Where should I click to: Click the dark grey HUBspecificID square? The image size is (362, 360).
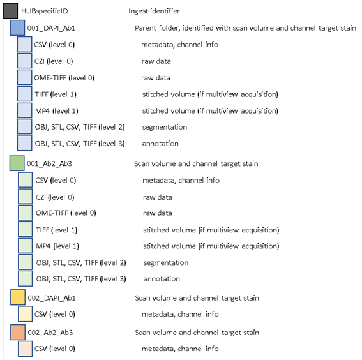(10, 11)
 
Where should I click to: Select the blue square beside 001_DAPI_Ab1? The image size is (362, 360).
(17, 28)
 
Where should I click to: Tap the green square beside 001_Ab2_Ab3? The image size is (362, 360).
(17, 163)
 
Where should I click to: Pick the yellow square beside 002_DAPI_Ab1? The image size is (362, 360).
(18, 297)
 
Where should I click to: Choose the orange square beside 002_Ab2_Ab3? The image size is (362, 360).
(18, 333)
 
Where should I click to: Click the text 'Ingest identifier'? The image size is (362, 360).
(154, 11)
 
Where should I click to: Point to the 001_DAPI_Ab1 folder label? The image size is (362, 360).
(51, 28)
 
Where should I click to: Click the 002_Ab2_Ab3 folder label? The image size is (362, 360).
(50, 333)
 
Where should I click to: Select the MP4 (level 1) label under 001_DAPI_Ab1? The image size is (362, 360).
(57, 111)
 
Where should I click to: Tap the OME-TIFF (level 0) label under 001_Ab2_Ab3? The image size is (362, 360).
(66, 213)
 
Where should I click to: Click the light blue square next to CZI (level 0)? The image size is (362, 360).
(24, 61)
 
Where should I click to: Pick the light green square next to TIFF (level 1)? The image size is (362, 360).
(25, 229)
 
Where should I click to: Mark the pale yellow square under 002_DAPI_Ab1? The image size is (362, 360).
(25, 314)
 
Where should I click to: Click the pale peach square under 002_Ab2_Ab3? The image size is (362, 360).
(25, 349)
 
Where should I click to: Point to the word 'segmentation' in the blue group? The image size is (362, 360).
(165, 127)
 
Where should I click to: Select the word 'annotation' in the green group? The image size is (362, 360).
(162, 279)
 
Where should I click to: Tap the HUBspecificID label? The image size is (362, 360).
(45, 11)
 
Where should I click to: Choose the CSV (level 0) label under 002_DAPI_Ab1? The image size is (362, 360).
(55, 314)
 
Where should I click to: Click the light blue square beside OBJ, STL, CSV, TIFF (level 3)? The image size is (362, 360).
(24, 143)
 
